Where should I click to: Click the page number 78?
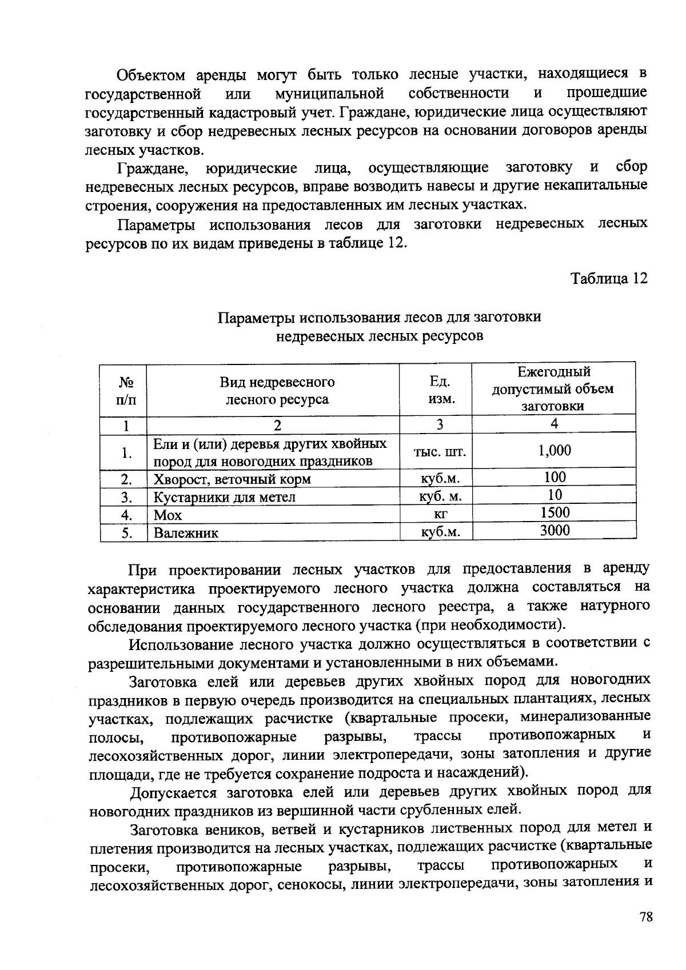(x=646, y=917)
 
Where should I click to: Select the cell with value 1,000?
(x=554, y=451)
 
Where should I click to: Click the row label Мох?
(x=167, y=516)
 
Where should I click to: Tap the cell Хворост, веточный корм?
(x=232, y=479)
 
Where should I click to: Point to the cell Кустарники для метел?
(x=224, y=497)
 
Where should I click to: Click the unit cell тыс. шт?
(x=440, y=452)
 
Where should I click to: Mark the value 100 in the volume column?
(x=555, y=477)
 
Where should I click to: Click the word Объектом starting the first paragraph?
(x=151, y=75)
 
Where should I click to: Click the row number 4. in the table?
(x=126, y=515)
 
